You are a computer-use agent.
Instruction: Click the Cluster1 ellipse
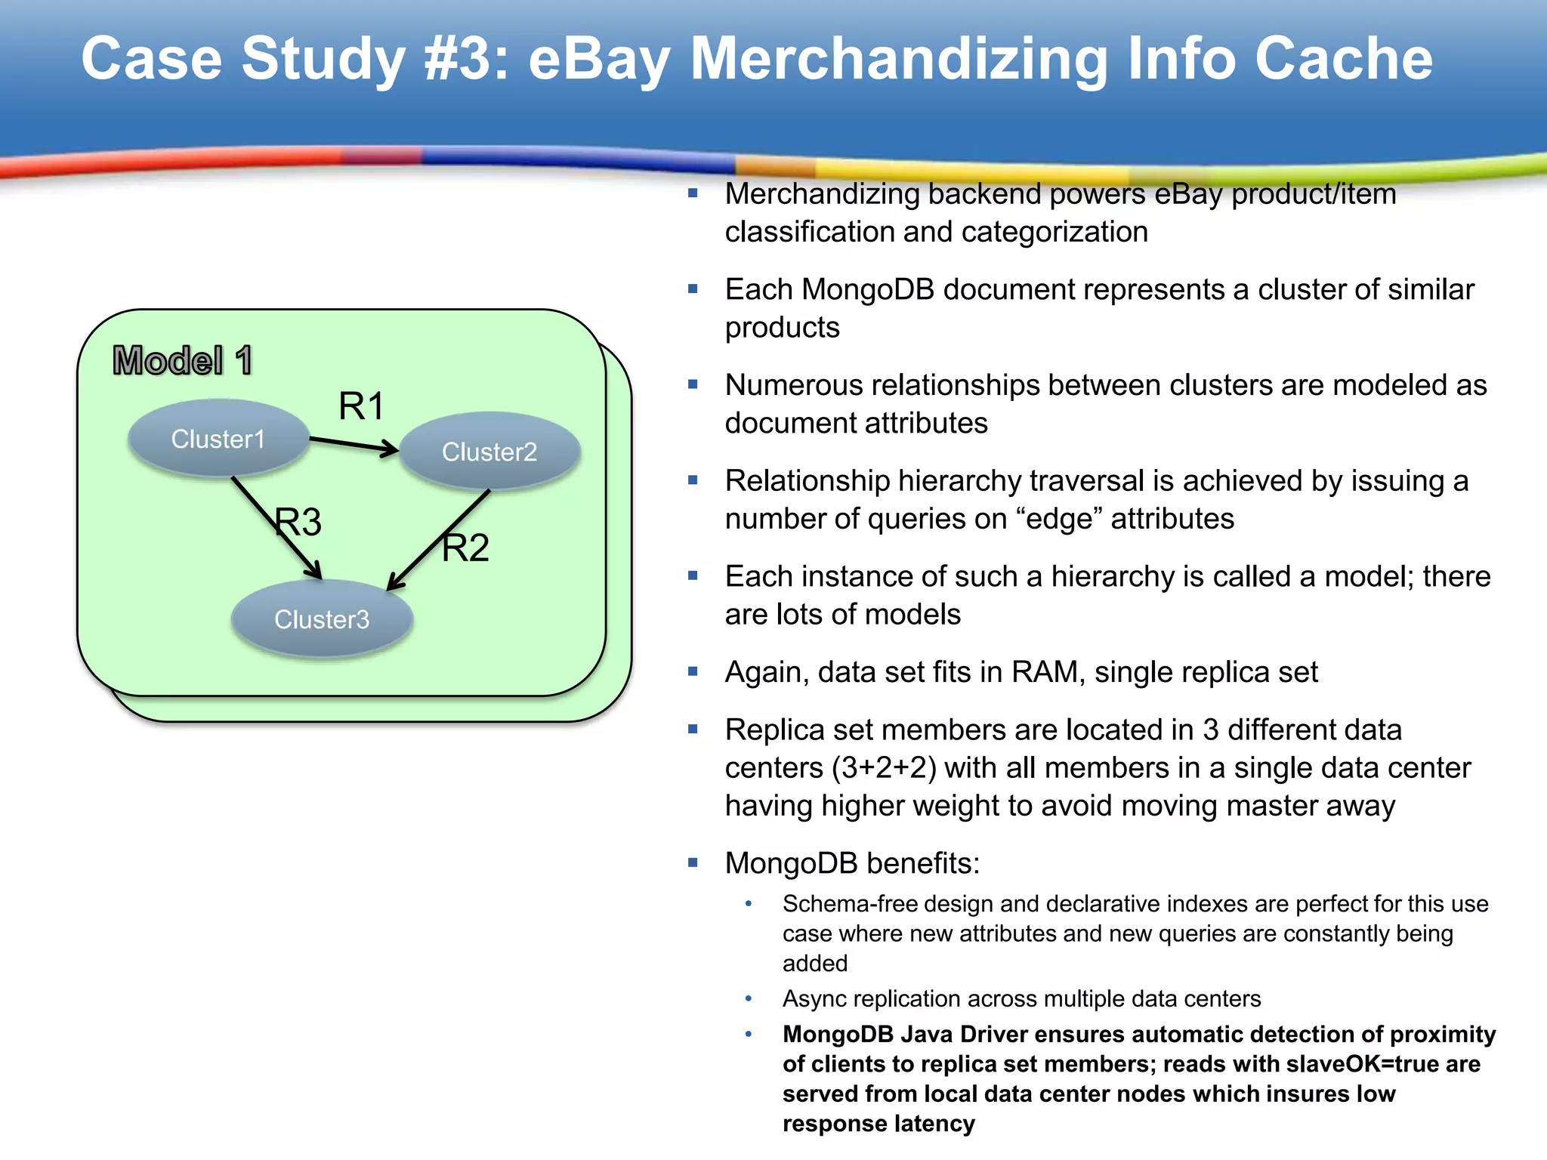pyautogui.click(x=218, y=439)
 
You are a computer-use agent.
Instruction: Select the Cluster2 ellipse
pyautogui.click(x=489, y=452)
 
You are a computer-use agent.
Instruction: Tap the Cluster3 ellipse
pyautogui.click(x=322, y=619)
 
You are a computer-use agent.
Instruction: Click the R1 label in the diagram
pyautogui.click(x=361, y=406)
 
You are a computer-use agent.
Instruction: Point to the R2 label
pyautogui.click(x=465, y=548)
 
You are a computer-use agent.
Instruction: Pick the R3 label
pyautogui.click(x=298, y=522)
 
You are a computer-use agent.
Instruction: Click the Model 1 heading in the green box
pyautogui.click(x=182, y=360)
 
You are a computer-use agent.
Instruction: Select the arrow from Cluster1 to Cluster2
pyautogui.click(x=354, y=446)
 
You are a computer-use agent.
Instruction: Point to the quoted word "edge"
pyautogui.click(x=1060, y=519)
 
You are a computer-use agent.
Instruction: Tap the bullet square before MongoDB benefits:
pyautogui.click(x=693, y=862)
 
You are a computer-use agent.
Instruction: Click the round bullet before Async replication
pyautogui.click(x=749, y=998)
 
